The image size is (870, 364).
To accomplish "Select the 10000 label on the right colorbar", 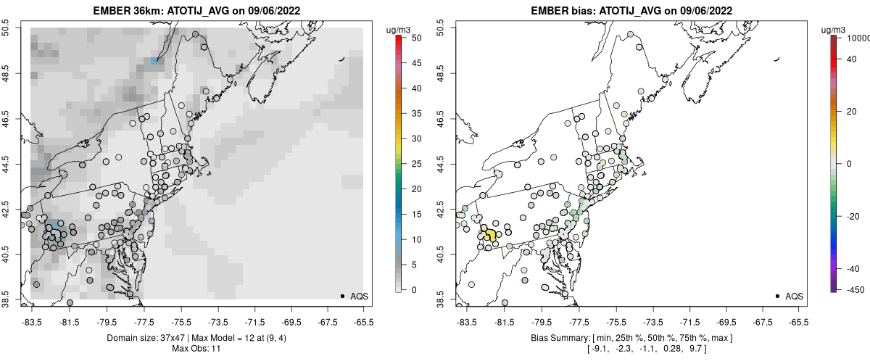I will coord(857,37).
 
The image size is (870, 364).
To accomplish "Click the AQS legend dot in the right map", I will coord(777,297).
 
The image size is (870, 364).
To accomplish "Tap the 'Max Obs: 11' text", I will coord(196,349).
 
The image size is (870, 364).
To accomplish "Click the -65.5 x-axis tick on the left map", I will coord(363,320).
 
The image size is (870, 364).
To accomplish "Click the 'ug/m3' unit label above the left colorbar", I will coord(400,29).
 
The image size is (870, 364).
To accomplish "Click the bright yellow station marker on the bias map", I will coord(490,236).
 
